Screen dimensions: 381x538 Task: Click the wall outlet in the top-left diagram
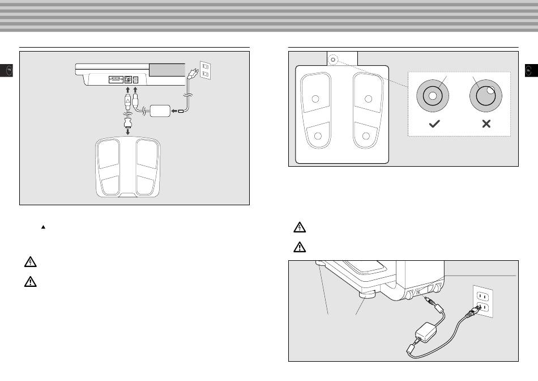click(x=205, y=70)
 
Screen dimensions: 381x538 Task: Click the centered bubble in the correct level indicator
click(x=433, y=96)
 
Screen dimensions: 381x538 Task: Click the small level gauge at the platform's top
click(x=334, y=58)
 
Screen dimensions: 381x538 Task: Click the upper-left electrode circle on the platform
click(x=316, y=99)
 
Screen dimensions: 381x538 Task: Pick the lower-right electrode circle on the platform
click(x=366, y=136)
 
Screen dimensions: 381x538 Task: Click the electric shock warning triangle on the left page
click(x=30, y=263)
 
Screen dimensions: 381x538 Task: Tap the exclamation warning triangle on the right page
click(x=299, y=247)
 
